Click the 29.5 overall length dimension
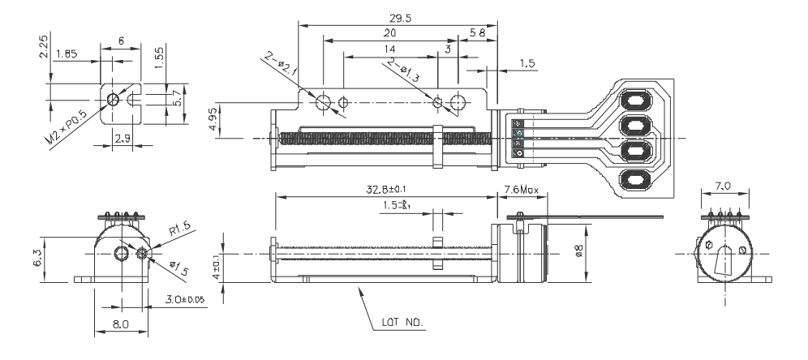(400, 17)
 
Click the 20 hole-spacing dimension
(389, 33)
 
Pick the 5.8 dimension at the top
(479, 33)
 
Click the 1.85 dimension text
(67, 54)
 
